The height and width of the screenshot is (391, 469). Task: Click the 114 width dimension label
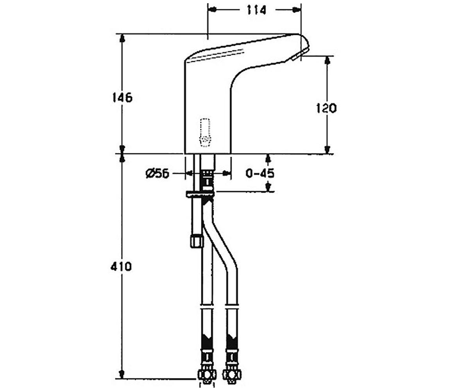(256, 10)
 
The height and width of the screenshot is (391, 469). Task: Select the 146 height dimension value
(122, 97)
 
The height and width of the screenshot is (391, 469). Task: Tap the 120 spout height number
(326, 108)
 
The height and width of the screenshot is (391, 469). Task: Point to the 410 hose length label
(121, 267)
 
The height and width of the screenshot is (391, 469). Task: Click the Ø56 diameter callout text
(157, 174)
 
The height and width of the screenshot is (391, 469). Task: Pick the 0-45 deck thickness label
(260, 173)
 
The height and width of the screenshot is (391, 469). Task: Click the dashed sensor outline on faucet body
(205, 133)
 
